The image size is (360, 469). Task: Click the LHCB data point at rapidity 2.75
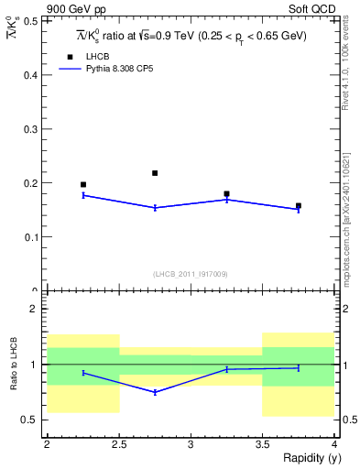tap(155, 173)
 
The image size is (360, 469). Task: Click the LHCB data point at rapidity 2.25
tap(83, 185)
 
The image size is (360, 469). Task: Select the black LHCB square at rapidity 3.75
tap(299, 206)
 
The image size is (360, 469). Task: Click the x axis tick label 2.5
tap(118, 444)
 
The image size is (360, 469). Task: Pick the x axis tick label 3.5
tap(262, 444)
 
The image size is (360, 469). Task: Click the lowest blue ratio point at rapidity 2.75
tap(155, 392)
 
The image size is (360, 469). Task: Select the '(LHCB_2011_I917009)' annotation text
tap(190, 274)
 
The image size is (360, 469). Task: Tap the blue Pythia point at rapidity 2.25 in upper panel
tap(83, 195)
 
